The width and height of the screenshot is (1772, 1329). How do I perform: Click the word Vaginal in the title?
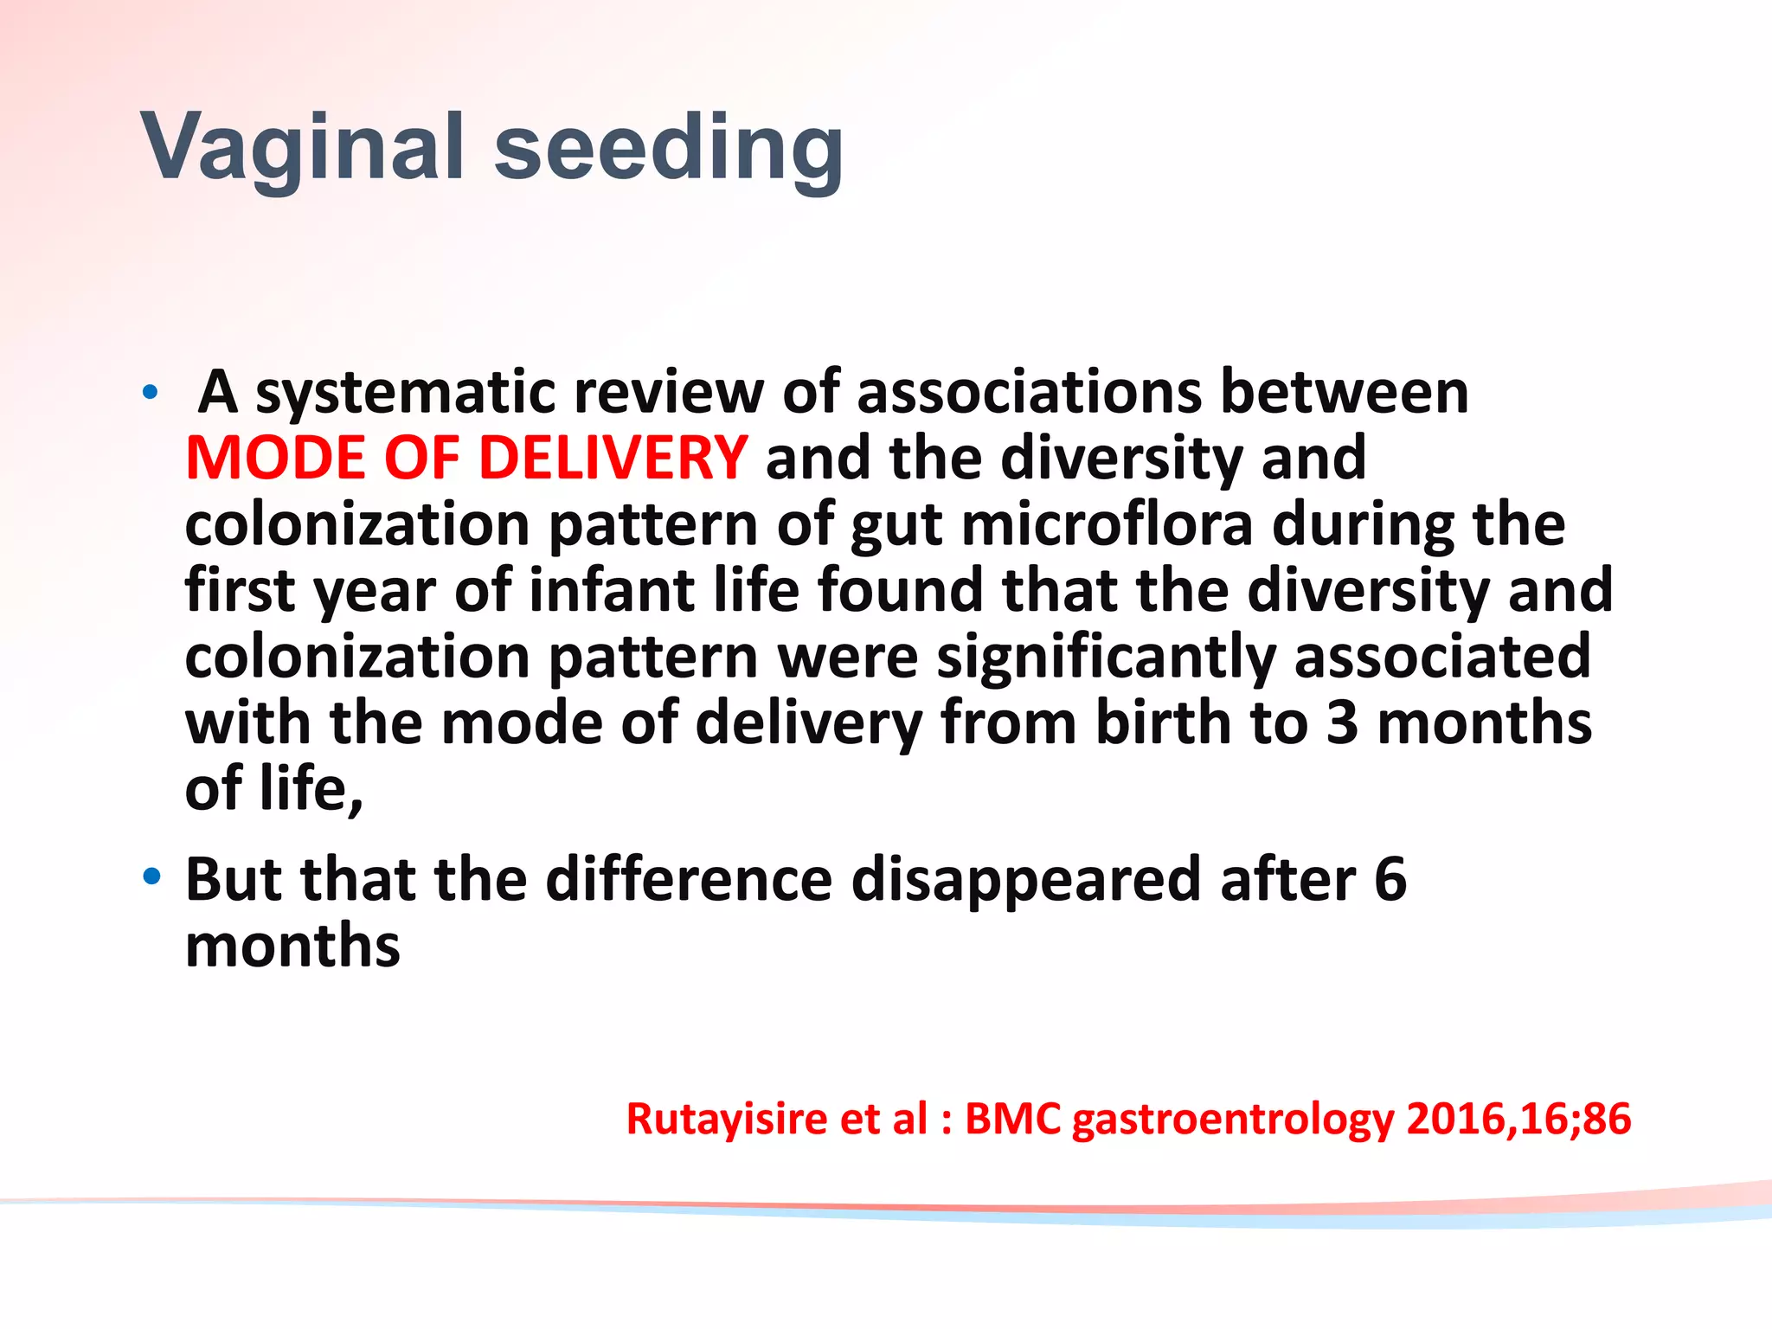point(303,149)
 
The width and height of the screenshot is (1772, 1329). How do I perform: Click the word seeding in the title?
point(668,149)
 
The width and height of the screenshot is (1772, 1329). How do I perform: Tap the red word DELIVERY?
point(612,458)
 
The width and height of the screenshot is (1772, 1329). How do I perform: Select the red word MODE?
point(275,458)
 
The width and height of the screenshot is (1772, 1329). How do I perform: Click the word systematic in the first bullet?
point(404,394)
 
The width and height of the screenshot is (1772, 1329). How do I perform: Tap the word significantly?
point(1106,658)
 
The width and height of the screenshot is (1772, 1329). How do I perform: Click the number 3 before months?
point(1342,723)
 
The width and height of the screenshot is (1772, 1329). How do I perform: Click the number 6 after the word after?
point(1390,880)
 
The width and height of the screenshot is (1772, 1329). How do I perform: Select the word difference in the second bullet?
point(689,880)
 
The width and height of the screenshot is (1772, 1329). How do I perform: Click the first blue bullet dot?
point(151,394)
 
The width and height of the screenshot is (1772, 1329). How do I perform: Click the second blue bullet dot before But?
point(152,877)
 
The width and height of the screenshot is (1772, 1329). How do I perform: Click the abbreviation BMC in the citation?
point(1011,1119)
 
